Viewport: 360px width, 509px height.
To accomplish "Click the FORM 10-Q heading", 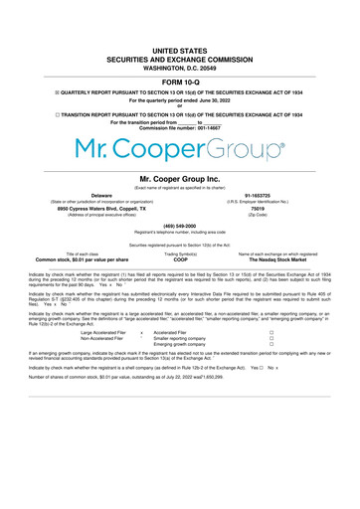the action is [180, 81].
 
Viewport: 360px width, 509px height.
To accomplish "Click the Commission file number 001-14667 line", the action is [180, 129].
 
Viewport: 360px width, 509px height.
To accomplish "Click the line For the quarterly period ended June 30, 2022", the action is [180, 100].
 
